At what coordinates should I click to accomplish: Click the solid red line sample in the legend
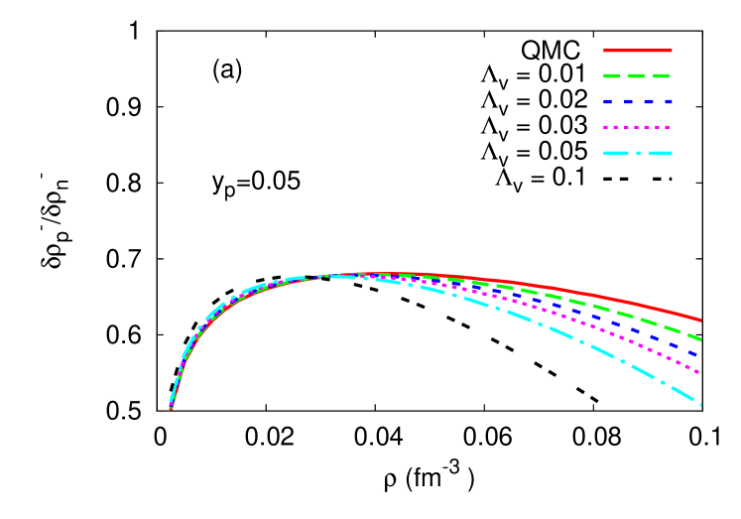click(637, 50)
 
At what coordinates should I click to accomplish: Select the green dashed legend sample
click(637, 75)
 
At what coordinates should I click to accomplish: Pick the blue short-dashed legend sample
click(637, 101)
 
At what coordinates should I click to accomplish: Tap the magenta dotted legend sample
click(637, 127)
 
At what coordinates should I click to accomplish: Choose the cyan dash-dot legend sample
click(637, 153)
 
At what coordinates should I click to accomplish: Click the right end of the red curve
click(700, 321)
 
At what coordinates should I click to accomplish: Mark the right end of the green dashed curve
click(700, 338)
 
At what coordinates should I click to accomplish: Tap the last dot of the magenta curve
click(698, 372)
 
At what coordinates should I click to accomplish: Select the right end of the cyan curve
click(700, 404)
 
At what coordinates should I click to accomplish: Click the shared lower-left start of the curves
click(171, 407)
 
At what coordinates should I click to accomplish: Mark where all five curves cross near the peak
click(327, 276)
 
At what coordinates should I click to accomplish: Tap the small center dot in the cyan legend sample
click(638, 153)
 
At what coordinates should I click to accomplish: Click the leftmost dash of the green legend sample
click(611, 75)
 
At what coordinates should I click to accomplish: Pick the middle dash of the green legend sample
click(637, 75)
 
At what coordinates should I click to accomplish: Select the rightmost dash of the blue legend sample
click(668, 101)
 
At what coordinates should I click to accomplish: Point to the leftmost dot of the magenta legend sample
click(606, 127)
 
